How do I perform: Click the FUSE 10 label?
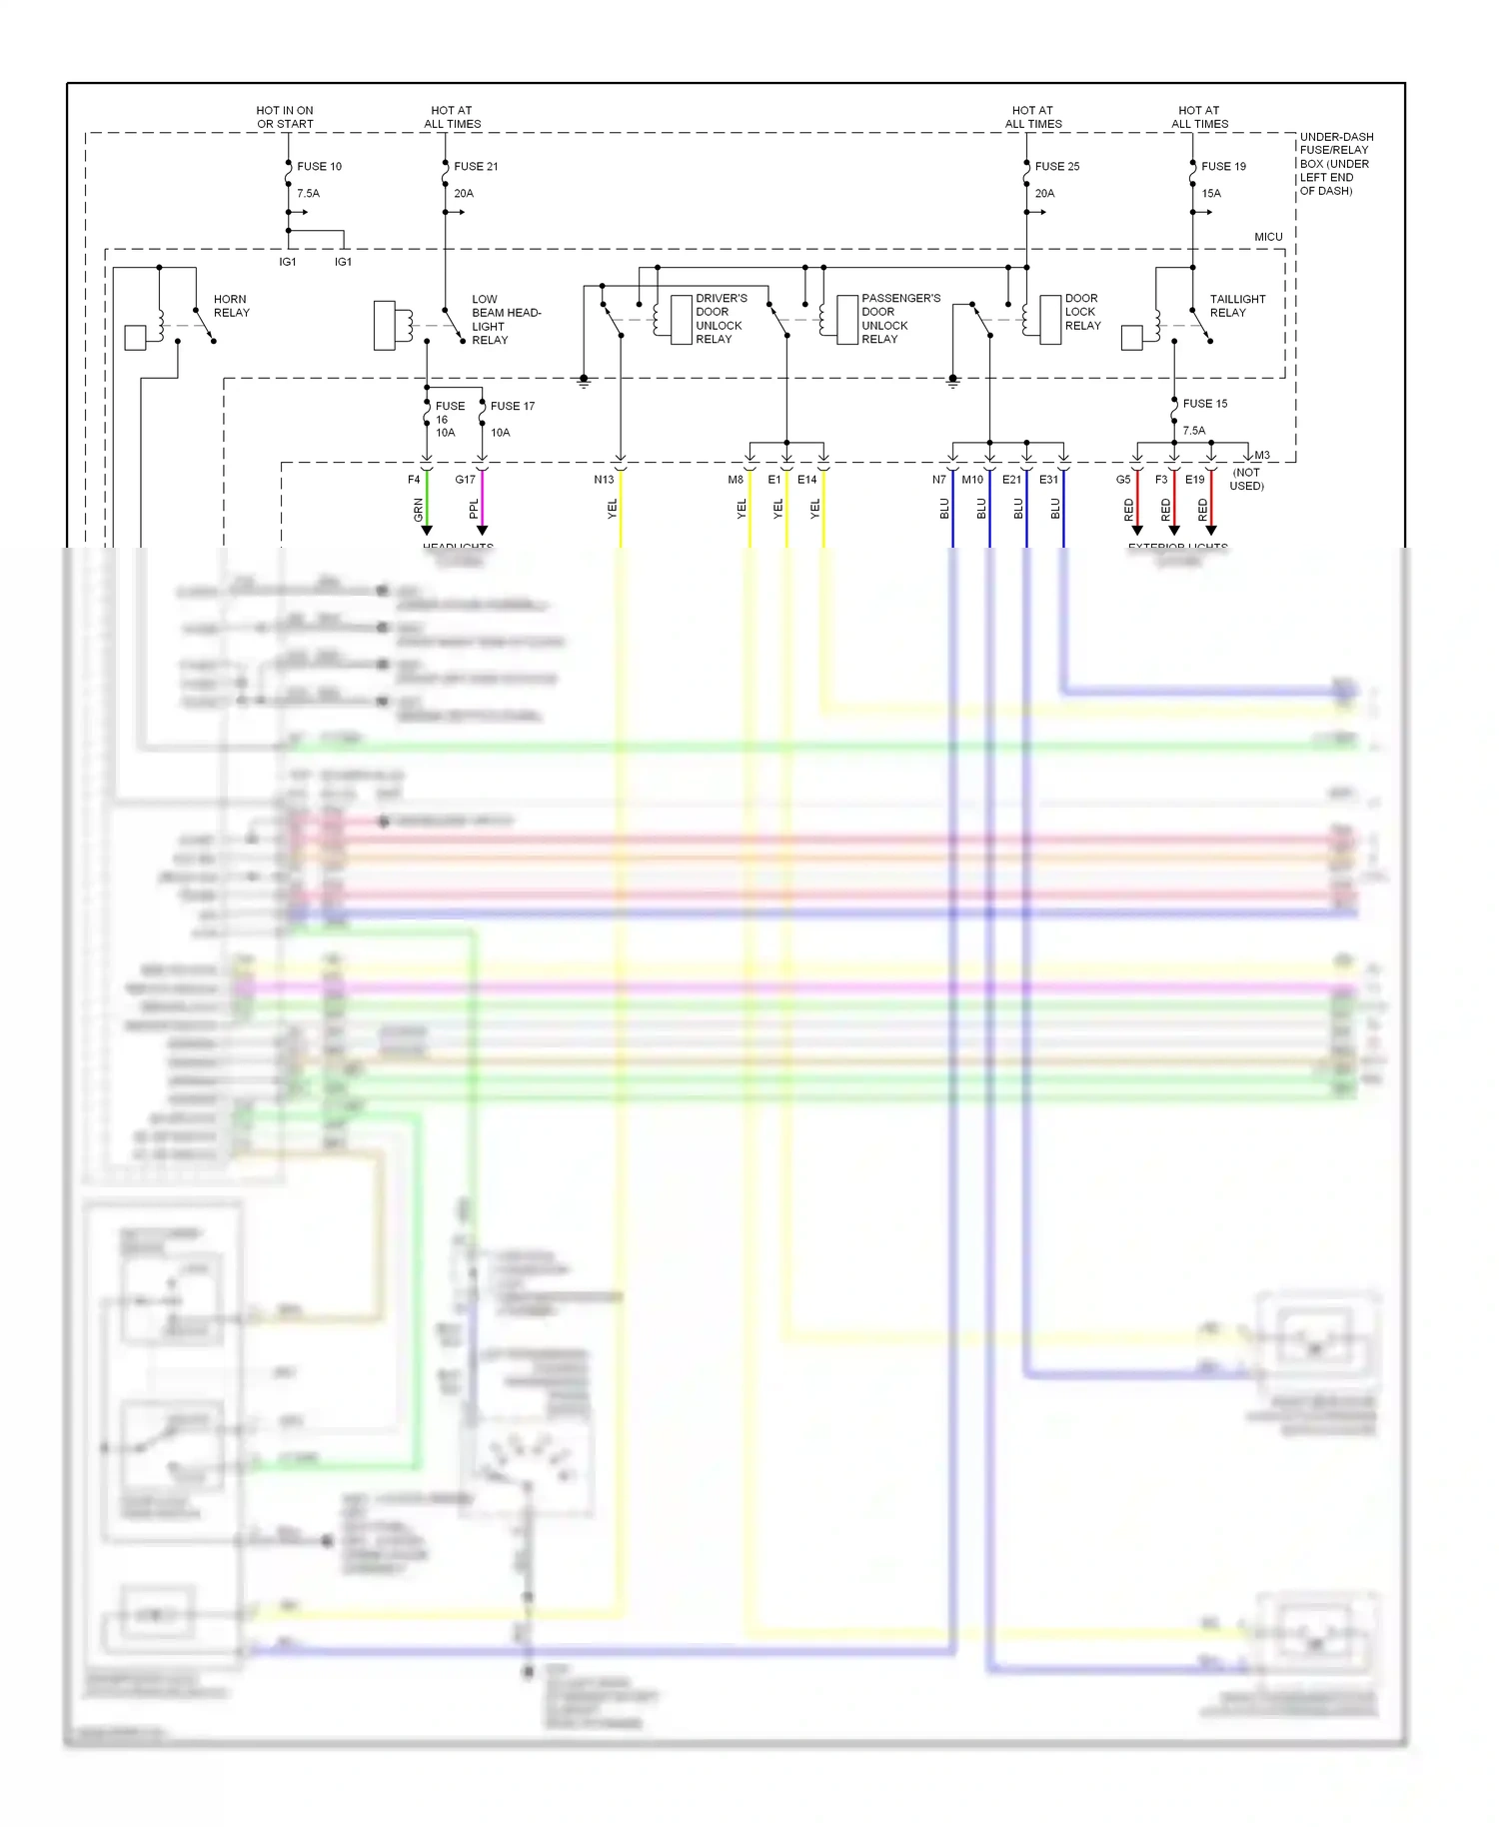[319, 166]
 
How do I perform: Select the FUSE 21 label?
[476, 166]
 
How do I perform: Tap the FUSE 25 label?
[1056, 166]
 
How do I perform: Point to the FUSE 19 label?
[1223, 166]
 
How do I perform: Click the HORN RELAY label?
[231, 306]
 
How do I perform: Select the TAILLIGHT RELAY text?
[1236, 306]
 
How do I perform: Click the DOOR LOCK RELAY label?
[1082, 312]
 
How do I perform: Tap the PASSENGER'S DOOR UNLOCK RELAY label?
[899, 318]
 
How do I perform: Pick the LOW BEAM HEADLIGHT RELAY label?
[505, 319]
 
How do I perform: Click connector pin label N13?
[604, 480]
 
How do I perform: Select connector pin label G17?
[465, 480]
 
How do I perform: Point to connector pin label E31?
[1048, 480]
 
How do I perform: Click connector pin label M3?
[1262, 456]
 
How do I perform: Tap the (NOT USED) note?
[1246, 479]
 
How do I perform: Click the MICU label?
[1268, 237]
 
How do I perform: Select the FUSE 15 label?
[1204, 404]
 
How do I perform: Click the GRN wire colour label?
[418, 510]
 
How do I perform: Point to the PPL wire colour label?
[474, 509]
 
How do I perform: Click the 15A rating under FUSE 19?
[1211, 193]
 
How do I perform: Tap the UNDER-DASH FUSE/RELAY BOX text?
[1336, 163]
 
